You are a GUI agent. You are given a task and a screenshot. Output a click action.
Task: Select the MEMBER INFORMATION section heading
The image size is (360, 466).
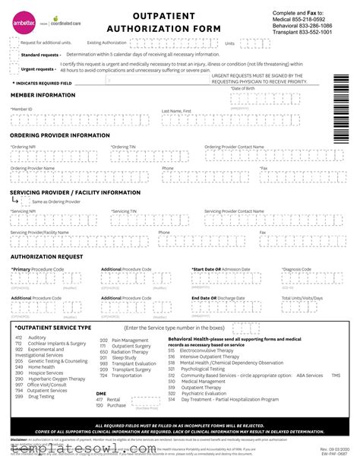pyautogui.click(x=43, y=95)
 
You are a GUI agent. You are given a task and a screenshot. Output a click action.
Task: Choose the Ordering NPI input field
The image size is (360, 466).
pyautogui.click(x=53, y=157)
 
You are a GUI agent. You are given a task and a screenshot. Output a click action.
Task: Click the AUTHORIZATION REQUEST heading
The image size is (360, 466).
pyautogui.click(x=46, y=257)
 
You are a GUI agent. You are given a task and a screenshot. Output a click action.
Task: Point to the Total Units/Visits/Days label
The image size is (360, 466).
pyautogui.click(x=302, y=298)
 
